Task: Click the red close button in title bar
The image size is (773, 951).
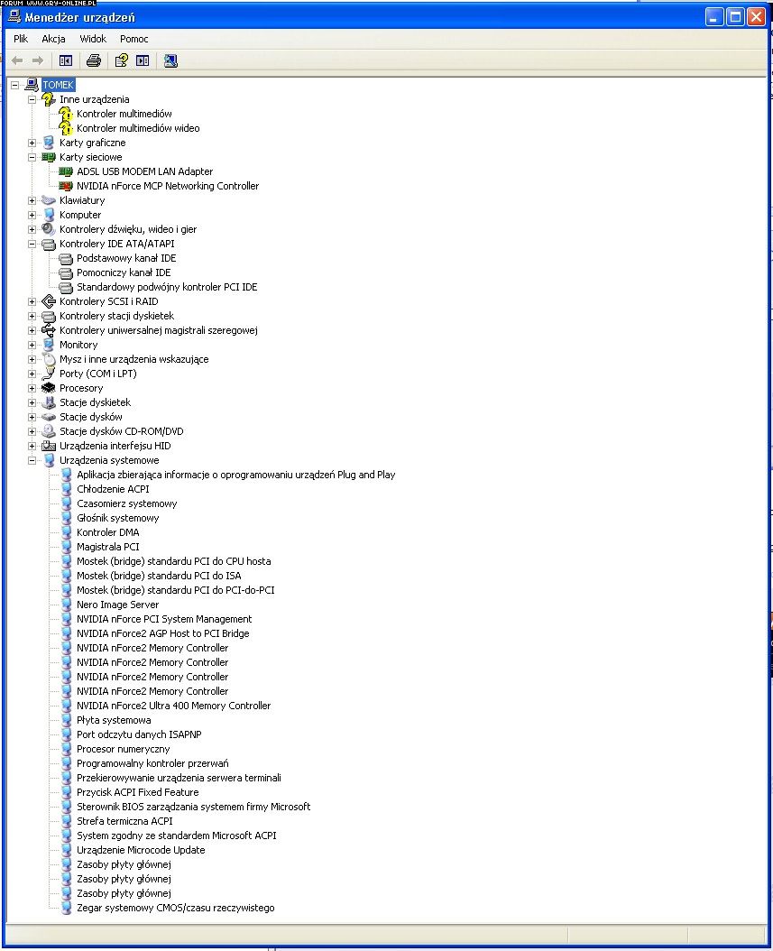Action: [756, 17]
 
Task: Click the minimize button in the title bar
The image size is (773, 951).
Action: [714, 17]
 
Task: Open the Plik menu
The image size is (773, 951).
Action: [21, 39]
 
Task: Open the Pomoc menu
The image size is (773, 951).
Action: [134, 39]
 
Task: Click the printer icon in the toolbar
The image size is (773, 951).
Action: [94, 60]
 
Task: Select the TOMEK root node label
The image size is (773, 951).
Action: [59, 85]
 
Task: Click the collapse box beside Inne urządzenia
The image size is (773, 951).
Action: [32, 99]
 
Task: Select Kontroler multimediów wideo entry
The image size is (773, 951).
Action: [138, 128]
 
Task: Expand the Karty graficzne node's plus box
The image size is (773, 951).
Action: [32, 143]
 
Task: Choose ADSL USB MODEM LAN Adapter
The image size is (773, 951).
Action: [144, 171]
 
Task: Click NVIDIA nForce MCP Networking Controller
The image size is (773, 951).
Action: [168, 186]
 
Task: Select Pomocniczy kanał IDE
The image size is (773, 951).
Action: [124, 272]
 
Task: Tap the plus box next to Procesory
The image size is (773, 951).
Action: [32, 388]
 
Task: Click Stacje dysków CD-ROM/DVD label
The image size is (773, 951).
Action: [121, 431]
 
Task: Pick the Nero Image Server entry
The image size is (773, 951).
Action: [117, 605]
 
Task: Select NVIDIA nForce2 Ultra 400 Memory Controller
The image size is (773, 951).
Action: [173, 706]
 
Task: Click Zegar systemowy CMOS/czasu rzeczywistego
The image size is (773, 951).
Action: [175, 908]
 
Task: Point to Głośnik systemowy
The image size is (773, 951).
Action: [117, 518]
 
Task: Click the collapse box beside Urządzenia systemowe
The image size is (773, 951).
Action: [32, 460]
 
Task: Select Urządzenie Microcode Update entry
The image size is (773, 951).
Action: [141, 850]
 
